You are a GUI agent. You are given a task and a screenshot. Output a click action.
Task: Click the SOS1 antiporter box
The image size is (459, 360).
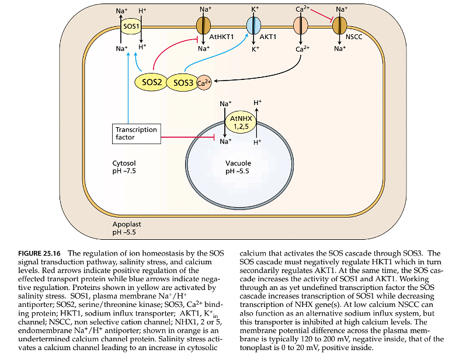(x=130, y=27)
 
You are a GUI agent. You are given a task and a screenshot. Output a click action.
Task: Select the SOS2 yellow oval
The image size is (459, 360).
(x=151, y=81)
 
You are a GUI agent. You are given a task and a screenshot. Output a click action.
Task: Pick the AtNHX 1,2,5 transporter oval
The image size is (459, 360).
(x=240, y=123)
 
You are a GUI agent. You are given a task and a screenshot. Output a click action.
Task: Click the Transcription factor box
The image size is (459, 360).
(x=136, y=133)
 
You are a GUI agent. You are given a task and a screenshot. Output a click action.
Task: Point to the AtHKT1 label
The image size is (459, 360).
(x=222, y=36)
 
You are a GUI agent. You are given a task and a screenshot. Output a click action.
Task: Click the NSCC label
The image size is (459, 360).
(x=354, y=36)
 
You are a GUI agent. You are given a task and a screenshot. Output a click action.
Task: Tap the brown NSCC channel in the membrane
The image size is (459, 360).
(x=340, y=26)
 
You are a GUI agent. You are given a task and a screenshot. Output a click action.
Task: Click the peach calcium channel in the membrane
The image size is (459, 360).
(x=300, y=26)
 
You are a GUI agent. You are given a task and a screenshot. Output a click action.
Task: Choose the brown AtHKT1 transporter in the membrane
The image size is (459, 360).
(x=203, y=26)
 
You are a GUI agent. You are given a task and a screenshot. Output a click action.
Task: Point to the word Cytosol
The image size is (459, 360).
(x=123, y=163)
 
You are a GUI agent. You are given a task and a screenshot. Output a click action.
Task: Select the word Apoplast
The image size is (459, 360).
(x=127, y=224)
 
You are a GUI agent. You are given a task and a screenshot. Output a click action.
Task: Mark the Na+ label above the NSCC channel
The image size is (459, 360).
(x=342, y=9)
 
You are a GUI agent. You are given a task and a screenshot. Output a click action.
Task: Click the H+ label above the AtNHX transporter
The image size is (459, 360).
(x=257, y=103)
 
